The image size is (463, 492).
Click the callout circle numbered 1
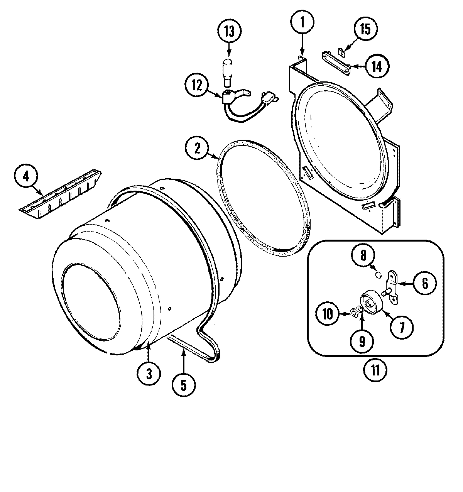point(302,22)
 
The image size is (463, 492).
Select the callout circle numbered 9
point(362,340)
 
